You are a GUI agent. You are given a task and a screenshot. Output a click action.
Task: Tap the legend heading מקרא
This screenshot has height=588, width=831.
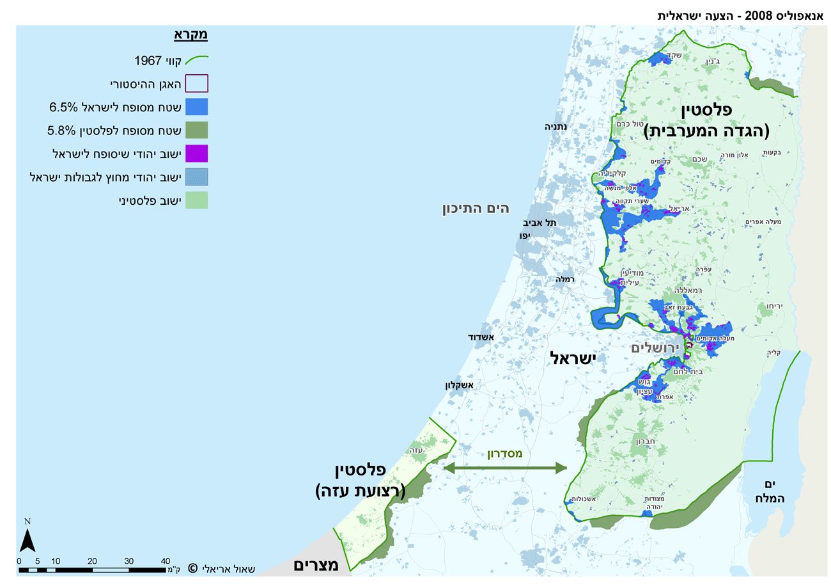point(191,35)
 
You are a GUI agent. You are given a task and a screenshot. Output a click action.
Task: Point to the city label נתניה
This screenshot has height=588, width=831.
point(555,127)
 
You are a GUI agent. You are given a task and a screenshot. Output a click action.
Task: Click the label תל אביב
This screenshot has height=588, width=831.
point(540,223)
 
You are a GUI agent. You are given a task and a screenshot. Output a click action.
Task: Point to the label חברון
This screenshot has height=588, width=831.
point(647,441)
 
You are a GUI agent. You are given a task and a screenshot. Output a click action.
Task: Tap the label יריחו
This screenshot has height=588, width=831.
point(773,306)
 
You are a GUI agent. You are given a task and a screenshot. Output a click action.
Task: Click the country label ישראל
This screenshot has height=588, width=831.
point(571,359)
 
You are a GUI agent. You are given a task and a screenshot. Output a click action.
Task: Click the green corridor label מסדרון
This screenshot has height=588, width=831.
point(505,454)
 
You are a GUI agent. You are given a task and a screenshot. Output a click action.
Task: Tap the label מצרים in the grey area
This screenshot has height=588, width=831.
point(312,565)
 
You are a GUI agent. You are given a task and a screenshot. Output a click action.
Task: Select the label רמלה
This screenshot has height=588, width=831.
point(566,279)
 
